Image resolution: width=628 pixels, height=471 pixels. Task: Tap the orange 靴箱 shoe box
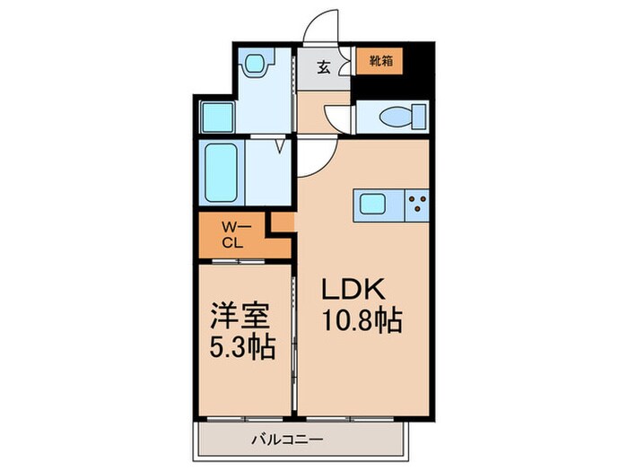(x=378, y=61)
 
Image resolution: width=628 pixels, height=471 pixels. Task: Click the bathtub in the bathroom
(x=220, y=172)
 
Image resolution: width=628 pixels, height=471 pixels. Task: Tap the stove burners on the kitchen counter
(x=417, y=205)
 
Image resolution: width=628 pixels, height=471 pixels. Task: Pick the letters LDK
(x=353, y=290)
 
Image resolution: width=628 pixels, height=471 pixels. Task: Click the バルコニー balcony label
(x=286, y=440)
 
